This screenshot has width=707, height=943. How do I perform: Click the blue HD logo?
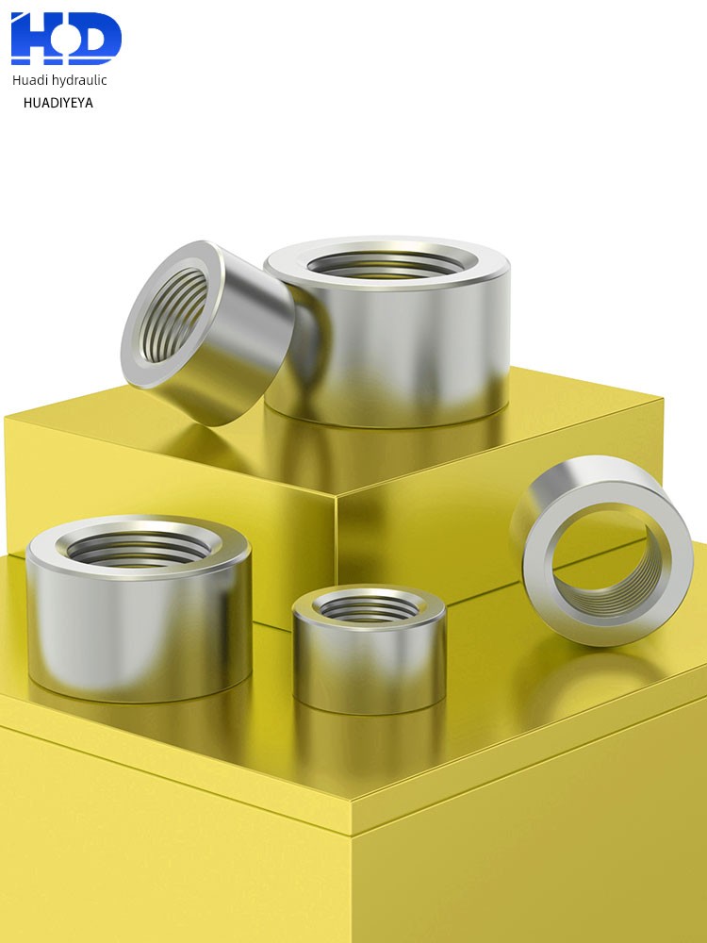(66, 39)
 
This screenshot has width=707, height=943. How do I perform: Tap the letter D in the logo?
(95, 39)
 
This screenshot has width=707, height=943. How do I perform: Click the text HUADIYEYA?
(58, 103)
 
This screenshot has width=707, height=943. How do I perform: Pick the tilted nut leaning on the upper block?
(207, 332)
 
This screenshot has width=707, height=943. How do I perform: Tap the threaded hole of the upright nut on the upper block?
(386, 265)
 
